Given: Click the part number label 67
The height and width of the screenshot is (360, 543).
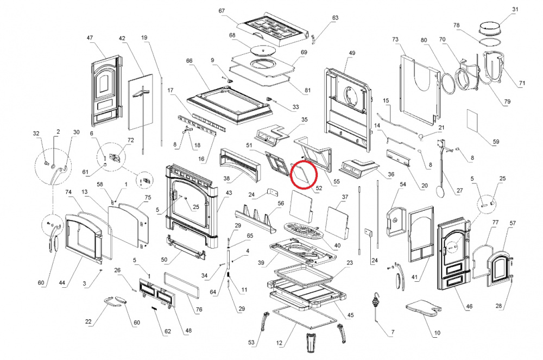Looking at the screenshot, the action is tap(222, 11).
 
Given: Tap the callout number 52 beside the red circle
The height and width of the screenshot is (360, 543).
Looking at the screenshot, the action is tap(319, 188).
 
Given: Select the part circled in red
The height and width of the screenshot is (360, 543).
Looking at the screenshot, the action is tap(301, 174).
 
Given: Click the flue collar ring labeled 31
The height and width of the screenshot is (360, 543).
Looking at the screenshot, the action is tap(490, 28).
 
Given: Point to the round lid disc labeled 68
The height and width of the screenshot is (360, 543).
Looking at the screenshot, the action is tap(262, 51).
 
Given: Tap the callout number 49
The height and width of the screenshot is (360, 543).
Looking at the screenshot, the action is tap(352, 53).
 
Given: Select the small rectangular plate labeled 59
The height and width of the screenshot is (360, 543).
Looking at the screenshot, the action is tap(473, 121).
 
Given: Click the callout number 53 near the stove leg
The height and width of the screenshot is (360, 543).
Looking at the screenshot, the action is tap(251, 342).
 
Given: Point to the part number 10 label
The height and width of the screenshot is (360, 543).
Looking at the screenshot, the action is tap(437, 333).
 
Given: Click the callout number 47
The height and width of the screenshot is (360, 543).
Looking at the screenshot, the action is tap(90, 37).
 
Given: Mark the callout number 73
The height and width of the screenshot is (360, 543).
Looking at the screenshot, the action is tap(395, 40).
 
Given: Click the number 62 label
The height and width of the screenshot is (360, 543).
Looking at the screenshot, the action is tap(168, 331).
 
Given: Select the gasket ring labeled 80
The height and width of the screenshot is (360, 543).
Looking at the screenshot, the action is tap(449, 83).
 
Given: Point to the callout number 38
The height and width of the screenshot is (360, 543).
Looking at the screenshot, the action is tap(226, 179).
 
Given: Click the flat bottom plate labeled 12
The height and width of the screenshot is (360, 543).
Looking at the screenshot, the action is tap(305, 318).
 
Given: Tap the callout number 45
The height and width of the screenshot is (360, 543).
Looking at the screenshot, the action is tap(350, 315).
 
